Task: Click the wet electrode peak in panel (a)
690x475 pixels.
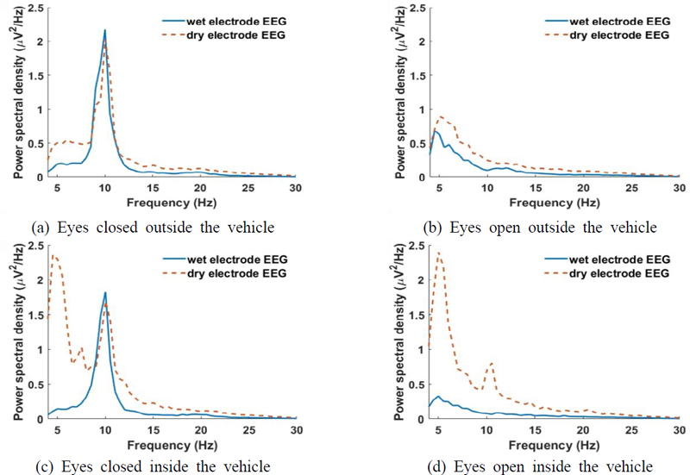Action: coord(105,30)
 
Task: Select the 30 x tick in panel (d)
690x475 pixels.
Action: coord(679,430)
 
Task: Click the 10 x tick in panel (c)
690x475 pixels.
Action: coord(105,430)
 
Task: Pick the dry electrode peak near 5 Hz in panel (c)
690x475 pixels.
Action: coord(54,255)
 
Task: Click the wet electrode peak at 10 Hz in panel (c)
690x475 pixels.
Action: coord(105,292)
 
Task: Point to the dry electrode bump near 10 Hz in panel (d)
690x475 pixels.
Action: coord(491,363)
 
